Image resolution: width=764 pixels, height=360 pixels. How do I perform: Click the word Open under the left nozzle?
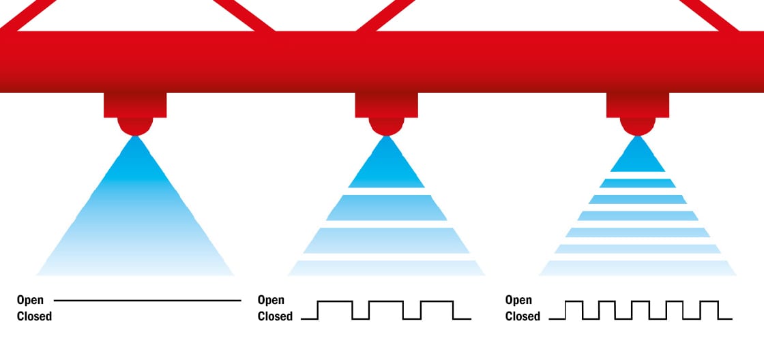[x=30, y=300]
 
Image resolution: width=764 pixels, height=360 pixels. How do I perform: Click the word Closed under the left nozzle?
[x=34, y=316]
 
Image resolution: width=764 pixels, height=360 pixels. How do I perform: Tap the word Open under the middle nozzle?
[x=271, y=300]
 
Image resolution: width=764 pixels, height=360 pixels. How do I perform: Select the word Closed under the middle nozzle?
[x=275, y=316]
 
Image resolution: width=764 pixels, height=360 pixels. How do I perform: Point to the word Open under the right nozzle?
[x=518, y=300]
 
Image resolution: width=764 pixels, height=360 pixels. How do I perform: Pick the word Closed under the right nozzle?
[x=523, y=316]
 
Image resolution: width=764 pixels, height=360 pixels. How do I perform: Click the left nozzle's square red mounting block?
[x=135, y=105]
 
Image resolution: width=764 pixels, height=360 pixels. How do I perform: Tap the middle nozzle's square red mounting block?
[x=386, y=105]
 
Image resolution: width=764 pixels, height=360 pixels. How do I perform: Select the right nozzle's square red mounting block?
[x=638, y=105]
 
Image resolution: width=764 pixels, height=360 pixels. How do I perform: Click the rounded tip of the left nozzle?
[x=135, y=126]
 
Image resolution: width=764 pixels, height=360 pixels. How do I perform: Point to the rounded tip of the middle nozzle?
[x=386, y=126]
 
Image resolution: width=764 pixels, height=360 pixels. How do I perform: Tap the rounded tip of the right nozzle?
[x=638, y=126]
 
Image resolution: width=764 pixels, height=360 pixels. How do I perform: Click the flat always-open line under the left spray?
[x=147, y=300]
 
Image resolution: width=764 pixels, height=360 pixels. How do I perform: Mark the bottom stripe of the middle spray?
[x=386, y=268]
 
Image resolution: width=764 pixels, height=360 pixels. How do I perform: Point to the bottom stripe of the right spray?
[x=638, y=268]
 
